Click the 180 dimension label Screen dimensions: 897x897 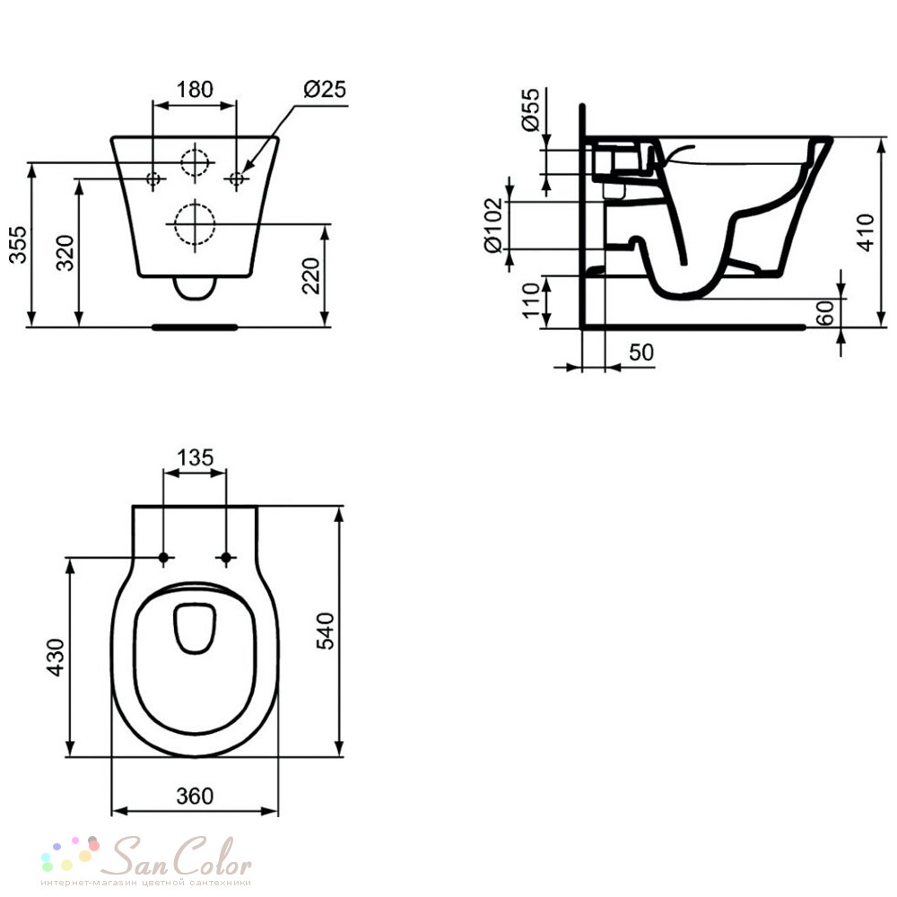coord(195,89)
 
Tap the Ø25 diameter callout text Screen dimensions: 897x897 coord(325,89)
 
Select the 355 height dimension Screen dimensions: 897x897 coord(18,244)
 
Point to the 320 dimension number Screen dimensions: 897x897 coord(65,252)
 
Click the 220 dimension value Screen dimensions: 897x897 coord(310,275)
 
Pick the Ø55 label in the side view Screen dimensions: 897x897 coord(530,109)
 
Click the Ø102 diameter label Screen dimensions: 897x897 coord(492,225)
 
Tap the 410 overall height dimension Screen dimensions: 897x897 coord(866,231)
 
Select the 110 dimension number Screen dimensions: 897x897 coord(531,300)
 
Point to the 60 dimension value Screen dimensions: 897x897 coord(824,313)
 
